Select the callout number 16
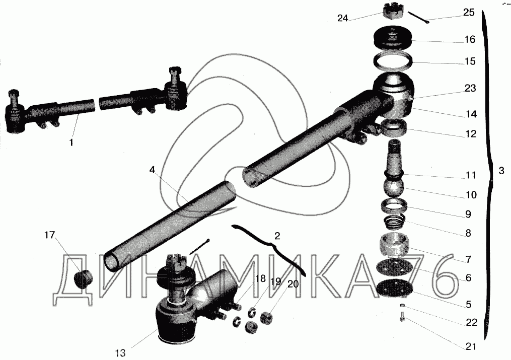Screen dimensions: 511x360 tap(470, 39)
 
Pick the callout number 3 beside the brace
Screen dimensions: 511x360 tap(501, 170)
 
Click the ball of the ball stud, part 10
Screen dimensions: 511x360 tap(394, 187)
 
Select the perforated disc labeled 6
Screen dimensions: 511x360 tap(394, 267)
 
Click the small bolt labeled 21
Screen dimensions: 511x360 tap(403, 317)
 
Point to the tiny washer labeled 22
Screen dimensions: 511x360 tap(403, 305)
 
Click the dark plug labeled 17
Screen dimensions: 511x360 tap(83, 279)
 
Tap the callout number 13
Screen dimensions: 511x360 tap(121, 353)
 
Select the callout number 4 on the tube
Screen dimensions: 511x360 tap(152, 170)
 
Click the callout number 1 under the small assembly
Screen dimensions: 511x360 tap(71, 142)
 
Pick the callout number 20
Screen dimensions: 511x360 tap(293, 284)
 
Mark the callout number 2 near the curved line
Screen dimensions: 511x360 tap(277, 236)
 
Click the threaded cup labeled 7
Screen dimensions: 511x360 tap(394, 245)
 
